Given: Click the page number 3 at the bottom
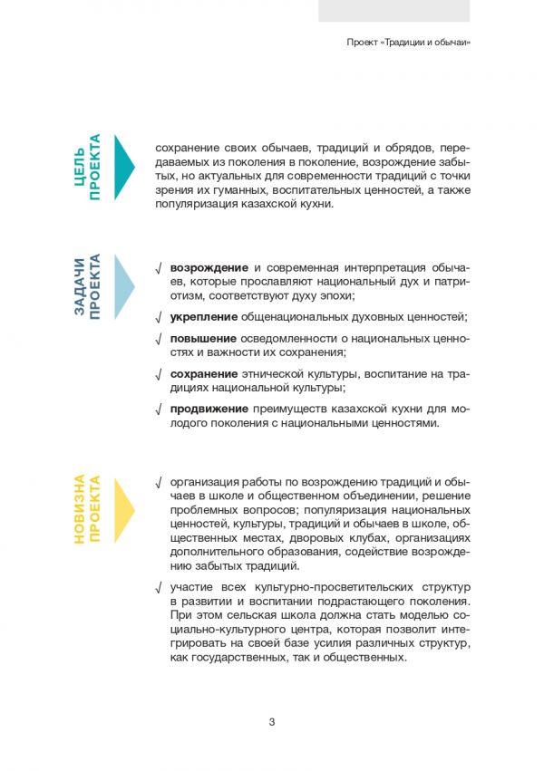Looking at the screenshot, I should pyautogui.click(x=272, y=721).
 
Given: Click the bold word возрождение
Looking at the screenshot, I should pyautogui.click(x=209, y=267).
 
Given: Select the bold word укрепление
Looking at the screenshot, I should pyautogui.click(x=204, y=316).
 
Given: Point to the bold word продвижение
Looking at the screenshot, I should pyautogui.click(x=210, y=408).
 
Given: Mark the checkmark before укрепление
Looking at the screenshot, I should pyautogui.click(x=159, y=317).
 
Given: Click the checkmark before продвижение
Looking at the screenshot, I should pyautogui.click(x=159, y=409).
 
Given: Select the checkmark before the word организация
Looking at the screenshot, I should pyautogui.click(x=159, y=481).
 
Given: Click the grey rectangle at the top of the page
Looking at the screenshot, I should pyautogui.click(x=393, y=10).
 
